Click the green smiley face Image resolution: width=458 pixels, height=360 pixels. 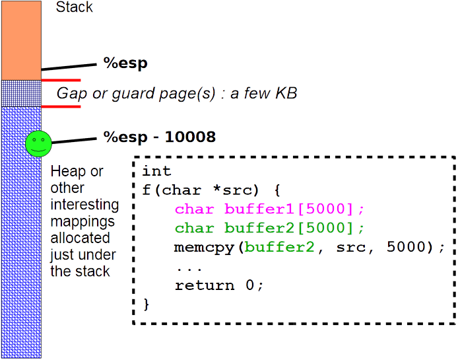pos(38,144)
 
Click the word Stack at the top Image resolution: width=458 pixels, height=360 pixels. pos(74,8)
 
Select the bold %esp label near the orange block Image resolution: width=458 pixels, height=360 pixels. pos(125,63)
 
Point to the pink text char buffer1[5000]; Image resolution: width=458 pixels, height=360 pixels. pos(269,209)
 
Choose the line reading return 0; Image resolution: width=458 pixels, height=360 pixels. pos(219,285)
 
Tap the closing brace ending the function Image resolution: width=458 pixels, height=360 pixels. pos(147,305)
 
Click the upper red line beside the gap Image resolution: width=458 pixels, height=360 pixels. pos(61,80)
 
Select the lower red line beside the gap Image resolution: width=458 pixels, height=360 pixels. pos(61,106)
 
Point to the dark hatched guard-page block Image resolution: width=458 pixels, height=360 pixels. pos(21,93)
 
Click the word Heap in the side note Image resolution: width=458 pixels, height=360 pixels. pos(68,172)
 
